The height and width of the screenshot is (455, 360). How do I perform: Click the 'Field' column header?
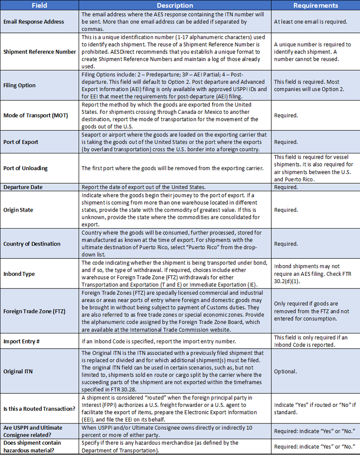click(40, 6)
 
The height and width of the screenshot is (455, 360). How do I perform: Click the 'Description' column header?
click(175, 6)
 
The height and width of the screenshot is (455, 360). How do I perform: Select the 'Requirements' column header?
click(315, 6)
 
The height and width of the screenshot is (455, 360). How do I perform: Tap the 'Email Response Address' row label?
click(34, 22)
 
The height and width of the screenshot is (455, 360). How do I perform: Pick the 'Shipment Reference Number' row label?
click(40, 52)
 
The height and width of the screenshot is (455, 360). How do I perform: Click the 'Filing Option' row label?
click(19, 85)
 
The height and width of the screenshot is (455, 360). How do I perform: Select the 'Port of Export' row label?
click(21, 142)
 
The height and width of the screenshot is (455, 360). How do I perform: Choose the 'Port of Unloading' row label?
click(26, 168)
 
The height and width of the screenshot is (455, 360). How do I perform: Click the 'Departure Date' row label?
click(23, 187)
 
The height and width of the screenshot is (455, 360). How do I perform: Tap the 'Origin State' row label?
click(18, 210)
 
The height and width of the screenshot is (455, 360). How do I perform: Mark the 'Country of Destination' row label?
click(32, 244)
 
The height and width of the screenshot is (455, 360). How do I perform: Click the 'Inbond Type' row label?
click(19, 274)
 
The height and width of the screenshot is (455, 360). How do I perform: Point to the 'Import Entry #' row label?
click(22, 341)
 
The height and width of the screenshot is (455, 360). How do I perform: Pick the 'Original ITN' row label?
click(18, 371)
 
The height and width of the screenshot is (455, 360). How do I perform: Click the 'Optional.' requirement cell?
click(285, 371)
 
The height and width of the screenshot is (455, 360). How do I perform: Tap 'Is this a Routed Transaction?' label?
click(39, 409)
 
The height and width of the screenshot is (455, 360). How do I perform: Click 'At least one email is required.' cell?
click(310, 22)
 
